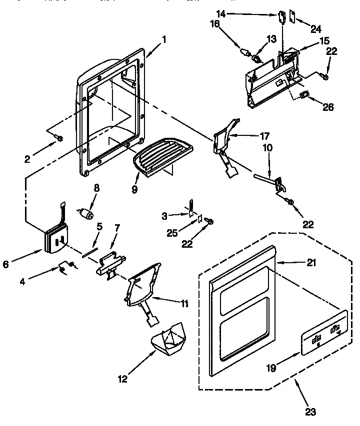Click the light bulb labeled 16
coord(245,51)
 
